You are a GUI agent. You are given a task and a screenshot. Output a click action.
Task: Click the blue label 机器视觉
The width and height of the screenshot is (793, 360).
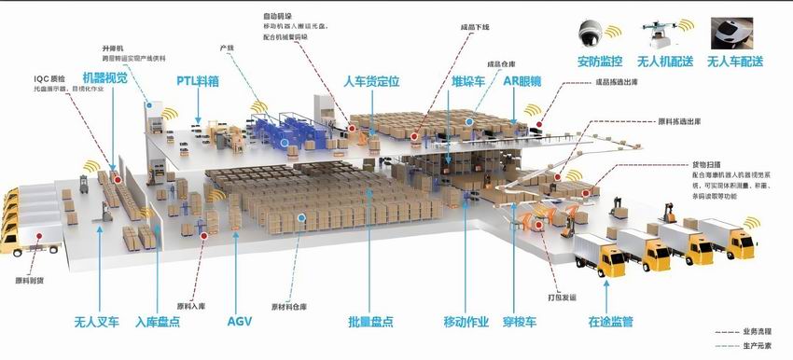click(x=104, y=78)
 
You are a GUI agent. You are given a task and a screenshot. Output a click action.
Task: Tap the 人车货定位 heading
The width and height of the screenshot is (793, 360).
click(x=371, y=81)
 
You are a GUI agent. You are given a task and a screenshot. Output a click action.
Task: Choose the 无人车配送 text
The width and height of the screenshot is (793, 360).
click(x=735, y=62)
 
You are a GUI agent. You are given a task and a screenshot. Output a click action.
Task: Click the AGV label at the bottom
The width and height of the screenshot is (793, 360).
click(x=240, y=322)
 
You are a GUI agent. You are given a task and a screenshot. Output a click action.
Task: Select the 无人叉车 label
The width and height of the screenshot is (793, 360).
click(x=97, y=323)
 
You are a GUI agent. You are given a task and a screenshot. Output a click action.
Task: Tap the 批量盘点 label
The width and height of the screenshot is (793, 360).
click(x=370, y=323)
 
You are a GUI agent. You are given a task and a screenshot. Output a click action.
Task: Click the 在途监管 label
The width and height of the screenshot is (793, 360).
click(x=611, y=323)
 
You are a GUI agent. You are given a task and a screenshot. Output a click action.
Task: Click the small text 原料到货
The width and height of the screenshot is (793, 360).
click(x=30, y=279)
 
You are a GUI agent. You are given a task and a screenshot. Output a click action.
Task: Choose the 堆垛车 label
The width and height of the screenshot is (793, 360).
click(x=466, y=81)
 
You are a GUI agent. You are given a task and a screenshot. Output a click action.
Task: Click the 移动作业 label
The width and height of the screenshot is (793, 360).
click(x=466, y=323)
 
